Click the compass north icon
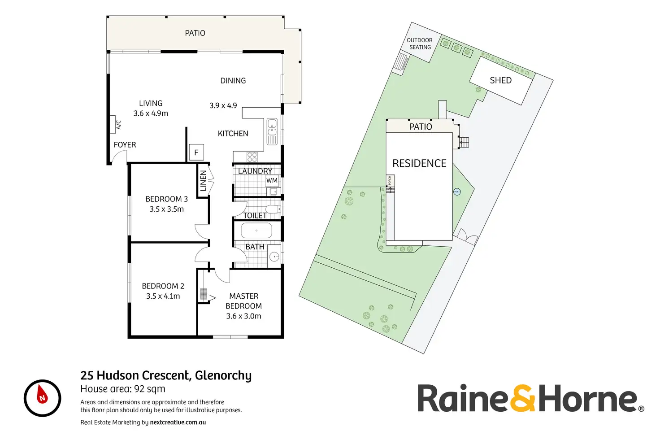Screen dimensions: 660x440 [42, 398]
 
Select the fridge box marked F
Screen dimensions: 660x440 [196, 152]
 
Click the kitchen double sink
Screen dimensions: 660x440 [272, 131]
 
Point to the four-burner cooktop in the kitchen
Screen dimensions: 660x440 [252, 157]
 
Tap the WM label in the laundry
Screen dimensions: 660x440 [272, 181]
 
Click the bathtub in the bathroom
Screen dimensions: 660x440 [256, 231]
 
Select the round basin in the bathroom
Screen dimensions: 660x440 [274, 257]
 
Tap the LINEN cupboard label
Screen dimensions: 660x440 [203, 180]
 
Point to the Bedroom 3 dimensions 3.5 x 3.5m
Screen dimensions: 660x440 [166, 209]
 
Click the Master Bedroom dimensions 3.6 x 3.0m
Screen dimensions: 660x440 [243, 316]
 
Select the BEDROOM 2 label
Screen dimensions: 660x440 [163, 286]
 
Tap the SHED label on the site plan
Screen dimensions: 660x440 [500, 80]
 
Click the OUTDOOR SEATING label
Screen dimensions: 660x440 [420, 44]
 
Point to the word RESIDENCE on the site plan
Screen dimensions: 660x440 [419, 163]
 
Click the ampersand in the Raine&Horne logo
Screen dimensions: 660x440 [522, 398]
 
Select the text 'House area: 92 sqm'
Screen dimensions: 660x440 [123, 389]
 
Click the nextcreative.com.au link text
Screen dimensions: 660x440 [178, 422]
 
